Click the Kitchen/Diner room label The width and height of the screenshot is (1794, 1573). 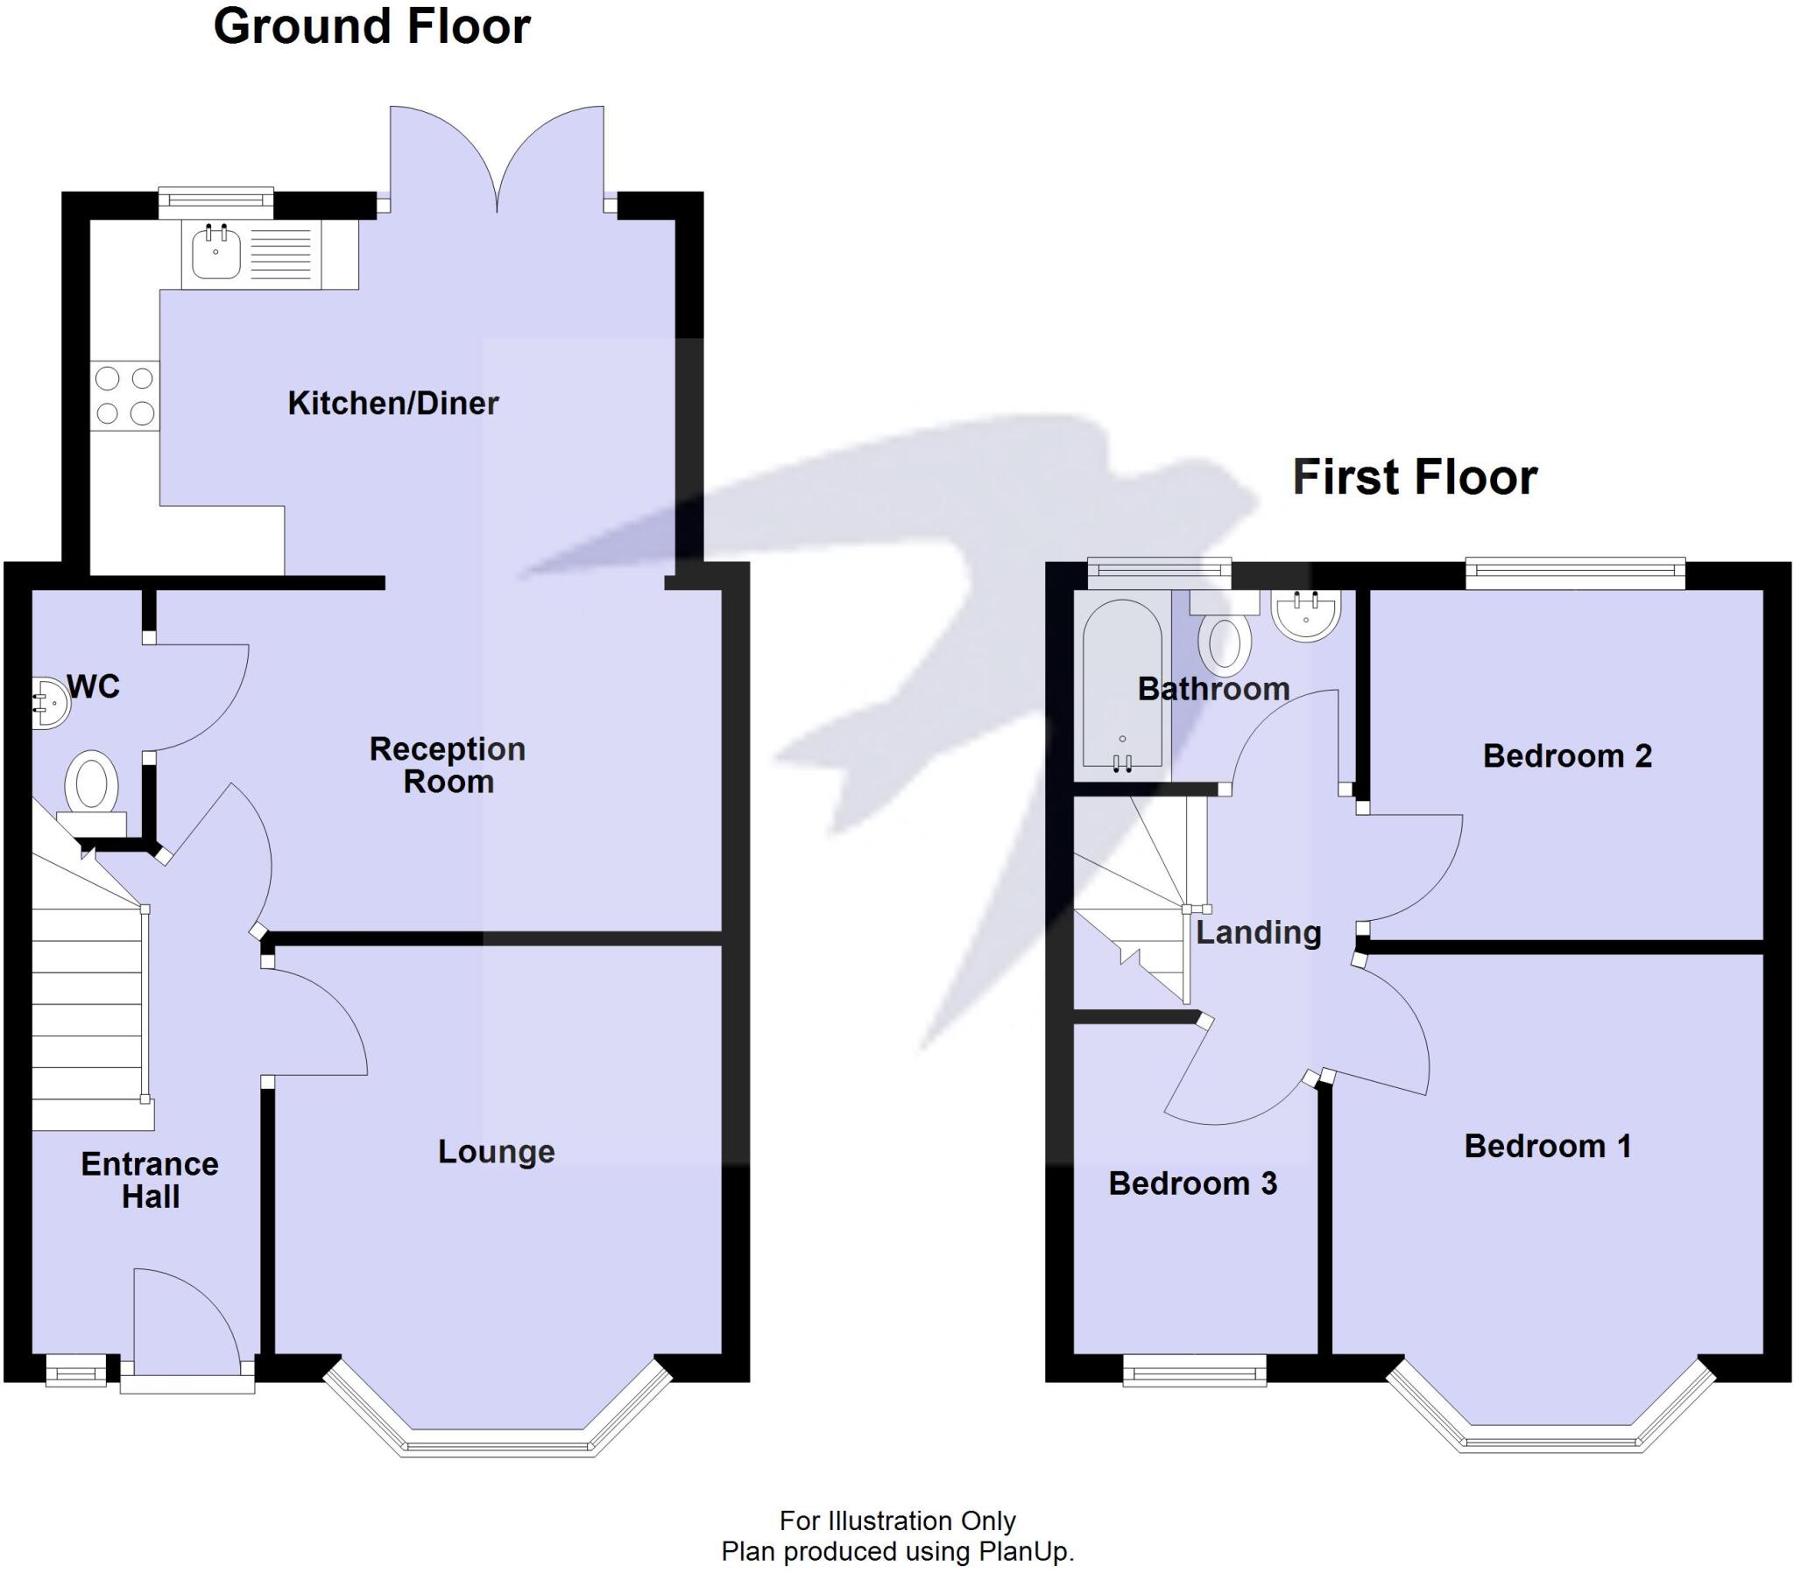point(393,404)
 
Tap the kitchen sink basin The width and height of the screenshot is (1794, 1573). point(215,252)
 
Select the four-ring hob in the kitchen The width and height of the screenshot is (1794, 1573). point(124,396)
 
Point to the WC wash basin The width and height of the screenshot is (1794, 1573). point(51,702)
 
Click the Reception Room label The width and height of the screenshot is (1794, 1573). point(448,765)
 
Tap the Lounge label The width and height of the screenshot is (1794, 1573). point(496,1152)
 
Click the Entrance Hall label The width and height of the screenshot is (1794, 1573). point(150,1180)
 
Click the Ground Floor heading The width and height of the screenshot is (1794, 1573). point(372,26)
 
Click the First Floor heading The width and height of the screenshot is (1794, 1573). point(1415,477)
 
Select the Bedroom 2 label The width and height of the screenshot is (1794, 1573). point(1566,756)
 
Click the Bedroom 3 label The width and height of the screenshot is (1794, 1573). point(1193,1183)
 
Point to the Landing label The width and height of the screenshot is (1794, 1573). point(1259,932)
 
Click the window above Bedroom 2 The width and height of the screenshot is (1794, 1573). point(1577,573)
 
